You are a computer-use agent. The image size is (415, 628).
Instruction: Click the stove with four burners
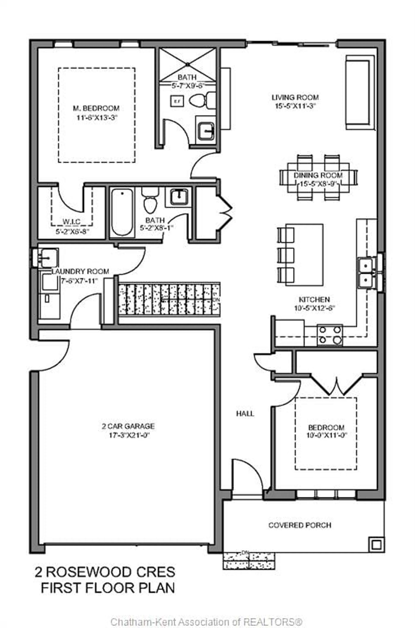coord(330,335)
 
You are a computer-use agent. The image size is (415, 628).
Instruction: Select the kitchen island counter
coord(304,255)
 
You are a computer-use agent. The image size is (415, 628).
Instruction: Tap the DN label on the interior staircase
coord(216,300)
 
